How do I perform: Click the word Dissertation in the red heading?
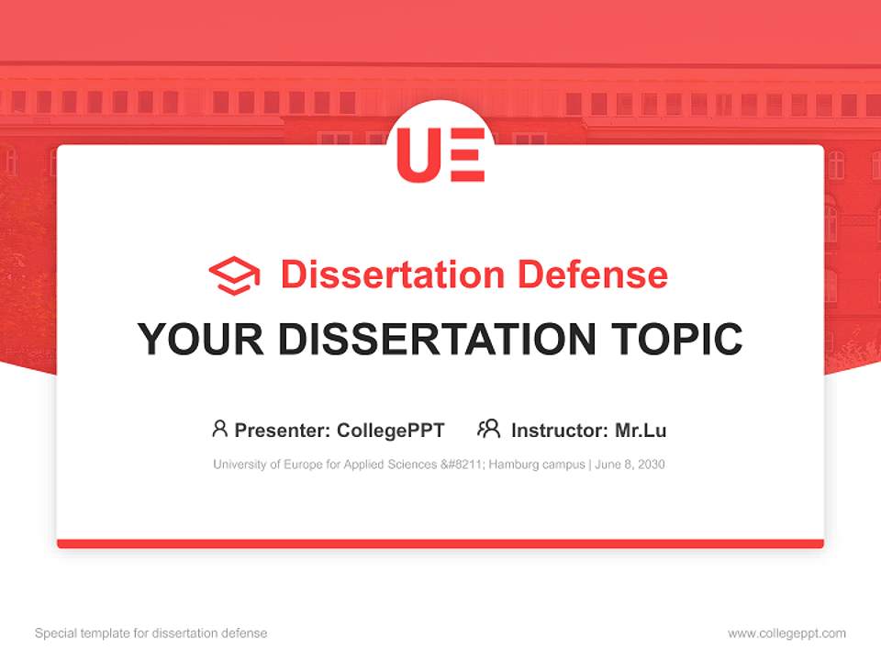click(x=392, y=274)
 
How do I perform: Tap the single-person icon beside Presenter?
click(x=219, y=429)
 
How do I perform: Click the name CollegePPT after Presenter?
click(x=390, y=430)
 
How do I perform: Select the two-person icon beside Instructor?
click(x=488, y=429)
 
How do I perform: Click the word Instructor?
click(x=559, y=430)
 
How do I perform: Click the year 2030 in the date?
click(x=651, y=465)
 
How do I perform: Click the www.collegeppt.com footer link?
click(x=786, y=633)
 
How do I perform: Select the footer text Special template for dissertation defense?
click(x=151, y=633)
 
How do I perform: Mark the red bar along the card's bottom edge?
click(x=440, y=543)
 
